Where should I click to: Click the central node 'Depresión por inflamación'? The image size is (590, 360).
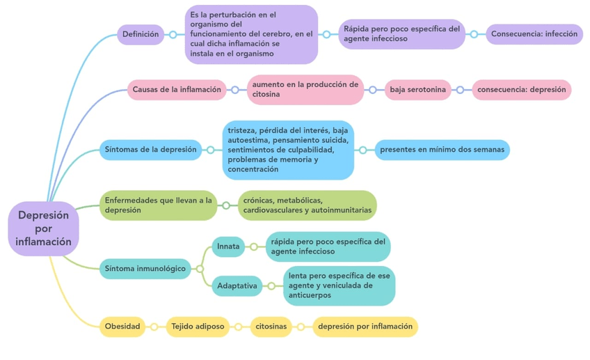coord(44,228)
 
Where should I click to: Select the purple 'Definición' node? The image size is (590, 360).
coord(141,34)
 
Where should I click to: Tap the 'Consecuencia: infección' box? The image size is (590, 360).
coord(534,34)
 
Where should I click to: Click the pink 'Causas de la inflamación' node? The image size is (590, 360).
coord(177,89)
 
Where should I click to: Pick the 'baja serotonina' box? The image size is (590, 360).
coord(417,90)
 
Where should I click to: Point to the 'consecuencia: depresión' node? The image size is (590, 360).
coord(521,90)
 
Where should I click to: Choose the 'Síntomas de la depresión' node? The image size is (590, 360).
coord(150,150)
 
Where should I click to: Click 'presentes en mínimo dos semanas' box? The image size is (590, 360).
coord(442,150)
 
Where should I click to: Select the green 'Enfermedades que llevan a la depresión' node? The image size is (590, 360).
coord(158,205)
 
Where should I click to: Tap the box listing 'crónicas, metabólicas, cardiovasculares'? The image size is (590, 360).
coord(307,205)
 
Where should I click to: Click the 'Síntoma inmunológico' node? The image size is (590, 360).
coord(145,268)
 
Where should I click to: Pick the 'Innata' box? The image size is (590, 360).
coord(228,246)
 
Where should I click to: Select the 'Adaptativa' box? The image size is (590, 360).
coord(237,285)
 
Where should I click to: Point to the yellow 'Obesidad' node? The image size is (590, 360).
coord(122,327)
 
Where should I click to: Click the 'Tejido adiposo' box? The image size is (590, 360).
coord(198,327)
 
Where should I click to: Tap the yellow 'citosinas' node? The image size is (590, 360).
coord(271,327)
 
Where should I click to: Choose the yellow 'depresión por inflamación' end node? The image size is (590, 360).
coord(365,327)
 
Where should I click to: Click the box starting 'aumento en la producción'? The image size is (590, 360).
coord(305,90)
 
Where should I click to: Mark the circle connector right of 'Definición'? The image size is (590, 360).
coord(173,34)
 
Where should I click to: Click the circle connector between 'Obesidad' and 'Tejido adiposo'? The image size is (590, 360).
coord(154,327)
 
